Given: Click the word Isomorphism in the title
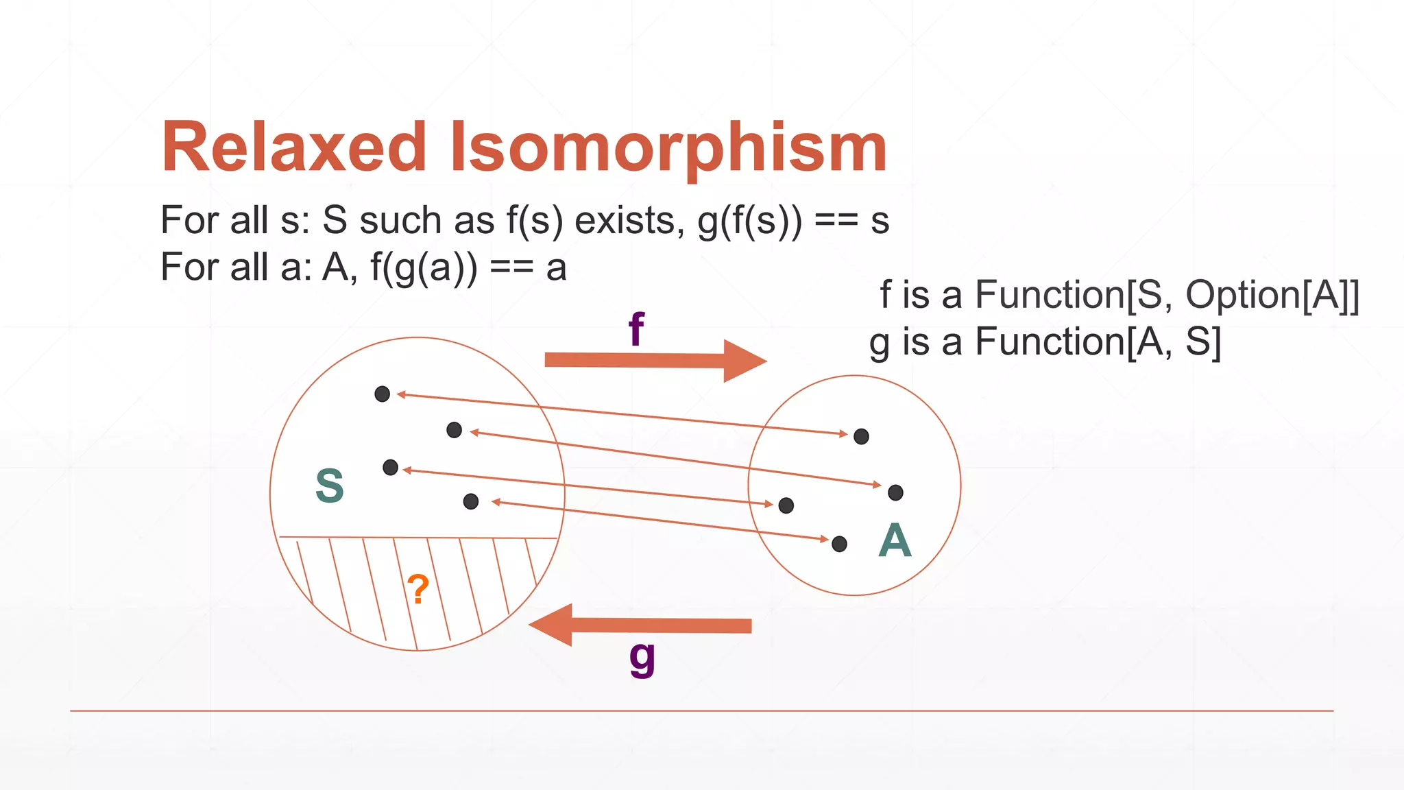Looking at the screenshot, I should click(668, 148).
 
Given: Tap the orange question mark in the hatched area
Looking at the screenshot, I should click(417, 589).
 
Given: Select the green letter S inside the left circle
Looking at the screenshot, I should click(330, 486).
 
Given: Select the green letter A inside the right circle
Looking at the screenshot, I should click(895, 540).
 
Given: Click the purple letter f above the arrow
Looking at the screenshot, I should click(636, 329).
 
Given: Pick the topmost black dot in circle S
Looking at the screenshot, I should click(383, 394).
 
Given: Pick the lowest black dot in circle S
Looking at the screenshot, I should click(471, 501).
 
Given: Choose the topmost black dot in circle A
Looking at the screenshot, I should click(862, 436).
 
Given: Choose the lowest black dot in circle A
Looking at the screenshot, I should click(839, 544).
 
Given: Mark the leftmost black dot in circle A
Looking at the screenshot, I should click(786, 505).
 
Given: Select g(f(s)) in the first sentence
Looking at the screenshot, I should click(749, 221).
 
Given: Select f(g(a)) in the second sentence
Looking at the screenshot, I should click(424, 267).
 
